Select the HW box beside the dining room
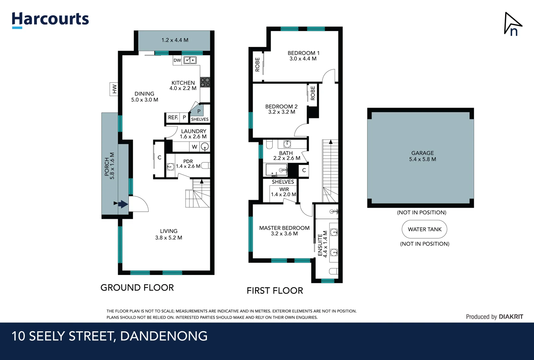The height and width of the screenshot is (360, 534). coord(114,89)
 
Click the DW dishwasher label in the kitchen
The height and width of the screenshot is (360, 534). coord(177,60)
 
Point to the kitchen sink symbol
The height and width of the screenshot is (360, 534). coord(190,60)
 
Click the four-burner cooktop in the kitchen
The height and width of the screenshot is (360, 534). coord(205,82)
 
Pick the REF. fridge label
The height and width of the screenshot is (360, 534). coord(173,118)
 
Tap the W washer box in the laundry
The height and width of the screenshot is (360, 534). coord(195,147)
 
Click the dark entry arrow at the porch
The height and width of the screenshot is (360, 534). coord(123,204)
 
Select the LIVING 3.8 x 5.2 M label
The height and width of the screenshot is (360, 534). coord(169,234)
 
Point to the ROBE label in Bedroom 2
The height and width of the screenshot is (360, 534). coord(312,93)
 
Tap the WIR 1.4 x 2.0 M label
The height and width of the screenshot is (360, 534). coord(284,192)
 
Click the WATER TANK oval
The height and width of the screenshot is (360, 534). coord(424,229)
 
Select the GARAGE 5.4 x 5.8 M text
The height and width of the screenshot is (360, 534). coord(422,156)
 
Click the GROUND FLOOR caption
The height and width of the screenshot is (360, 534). coord(137,288)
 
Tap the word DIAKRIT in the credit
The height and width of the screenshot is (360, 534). coord(511,317)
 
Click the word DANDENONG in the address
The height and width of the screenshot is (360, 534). coord(164,336)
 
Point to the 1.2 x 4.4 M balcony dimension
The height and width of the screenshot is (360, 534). coord(175,40)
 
